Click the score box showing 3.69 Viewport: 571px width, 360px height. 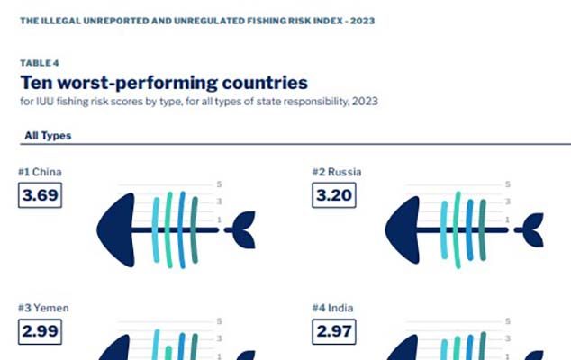coord(40,194)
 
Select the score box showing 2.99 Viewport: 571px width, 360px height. coord(40,331)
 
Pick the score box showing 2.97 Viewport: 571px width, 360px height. coord(334,331)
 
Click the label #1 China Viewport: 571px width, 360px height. coord(40,171)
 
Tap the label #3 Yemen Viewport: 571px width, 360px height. coord(43,308)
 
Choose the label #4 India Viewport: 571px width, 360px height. coord(333,308)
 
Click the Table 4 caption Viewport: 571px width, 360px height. coord(35,64)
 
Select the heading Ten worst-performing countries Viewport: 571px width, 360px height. coord(164,83)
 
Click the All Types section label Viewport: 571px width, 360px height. coord(48,136)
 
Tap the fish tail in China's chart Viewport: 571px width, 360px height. coord(242,231)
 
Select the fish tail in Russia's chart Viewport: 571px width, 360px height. coord(531,231)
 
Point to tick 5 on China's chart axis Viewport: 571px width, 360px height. coord(219,184)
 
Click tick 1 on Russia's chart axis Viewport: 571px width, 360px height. coord(508,219)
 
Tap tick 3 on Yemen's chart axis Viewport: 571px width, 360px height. coord(219,337)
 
